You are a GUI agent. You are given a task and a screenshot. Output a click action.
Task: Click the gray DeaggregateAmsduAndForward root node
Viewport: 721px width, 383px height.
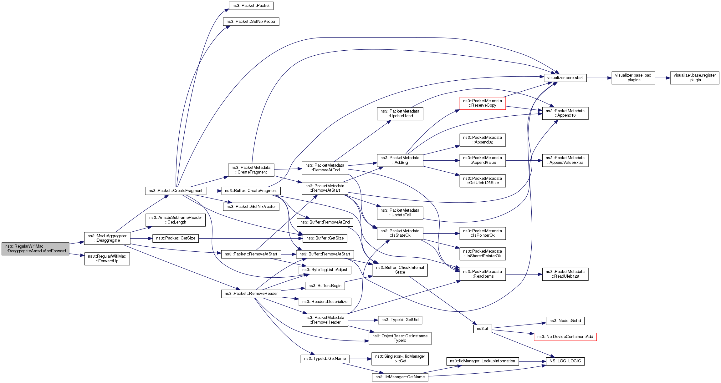click(x=35, y=249)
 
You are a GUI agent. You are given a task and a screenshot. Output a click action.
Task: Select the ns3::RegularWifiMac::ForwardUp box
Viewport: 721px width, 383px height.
click(x=107, y=259)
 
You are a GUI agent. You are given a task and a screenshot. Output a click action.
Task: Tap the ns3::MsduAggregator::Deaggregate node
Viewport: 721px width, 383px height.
click(x=107, y=238)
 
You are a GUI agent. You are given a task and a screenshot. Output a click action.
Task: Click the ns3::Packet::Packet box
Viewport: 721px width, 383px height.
click(x=251, y=6)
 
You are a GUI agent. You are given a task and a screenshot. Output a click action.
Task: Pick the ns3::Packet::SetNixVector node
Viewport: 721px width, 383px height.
click(x=251, y=22)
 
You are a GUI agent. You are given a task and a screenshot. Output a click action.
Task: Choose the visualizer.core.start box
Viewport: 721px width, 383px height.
click(x=565, y=78)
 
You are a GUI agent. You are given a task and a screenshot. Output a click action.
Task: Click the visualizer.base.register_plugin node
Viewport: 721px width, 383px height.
click(x=694, y=78)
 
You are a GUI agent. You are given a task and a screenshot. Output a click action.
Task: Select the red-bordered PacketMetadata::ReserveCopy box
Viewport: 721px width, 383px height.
click(x=482, y=103)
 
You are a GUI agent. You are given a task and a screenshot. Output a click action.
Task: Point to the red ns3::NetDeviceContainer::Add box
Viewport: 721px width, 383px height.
click(x=565, y=337)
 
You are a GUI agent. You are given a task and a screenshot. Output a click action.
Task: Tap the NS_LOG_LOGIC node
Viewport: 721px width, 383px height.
click(x=565, y=361)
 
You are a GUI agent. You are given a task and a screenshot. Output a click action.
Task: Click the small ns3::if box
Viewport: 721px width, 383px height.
click(x=482, y=329)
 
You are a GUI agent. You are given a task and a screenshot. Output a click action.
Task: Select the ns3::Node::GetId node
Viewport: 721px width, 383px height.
click(x=565, y=321)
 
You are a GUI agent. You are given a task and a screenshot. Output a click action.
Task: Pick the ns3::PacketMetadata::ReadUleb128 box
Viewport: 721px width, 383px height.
click(x=565, y=274)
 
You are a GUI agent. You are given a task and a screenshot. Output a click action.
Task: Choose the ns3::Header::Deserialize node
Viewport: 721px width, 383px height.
click(x=325, y=302)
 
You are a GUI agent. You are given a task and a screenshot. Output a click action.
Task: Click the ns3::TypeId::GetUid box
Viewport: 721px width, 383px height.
click(x=400, y=320)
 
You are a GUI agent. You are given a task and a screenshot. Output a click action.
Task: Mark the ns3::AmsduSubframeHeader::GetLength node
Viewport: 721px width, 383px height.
click(x=176, y=220)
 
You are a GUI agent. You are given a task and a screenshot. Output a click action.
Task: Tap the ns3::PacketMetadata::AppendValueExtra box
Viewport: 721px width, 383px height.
click(x=565, y=160)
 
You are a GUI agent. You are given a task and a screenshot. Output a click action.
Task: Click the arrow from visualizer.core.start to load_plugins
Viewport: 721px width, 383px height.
click(x=599, y=78)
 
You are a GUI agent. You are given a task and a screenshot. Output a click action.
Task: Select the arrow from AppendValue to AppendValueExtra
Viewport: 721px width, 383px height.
click(x=524, y=160)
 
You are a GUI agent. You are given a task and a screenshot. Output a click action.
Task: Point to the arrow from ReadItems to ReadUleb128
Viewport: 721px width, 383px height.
click(x=524, y=274)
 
